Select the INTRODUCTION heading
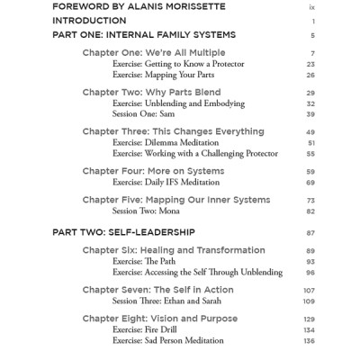[x=89, y=21]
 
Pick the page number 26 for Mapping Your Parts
[x=310, y=76]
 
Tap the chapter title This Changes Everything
[x=208, y=131]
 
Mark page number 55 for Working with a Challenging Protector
[x=310, y=154]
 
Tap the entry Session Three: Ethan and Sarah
[x=169, y=301]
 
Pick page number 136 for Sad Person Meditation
[x=309, y=341]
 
